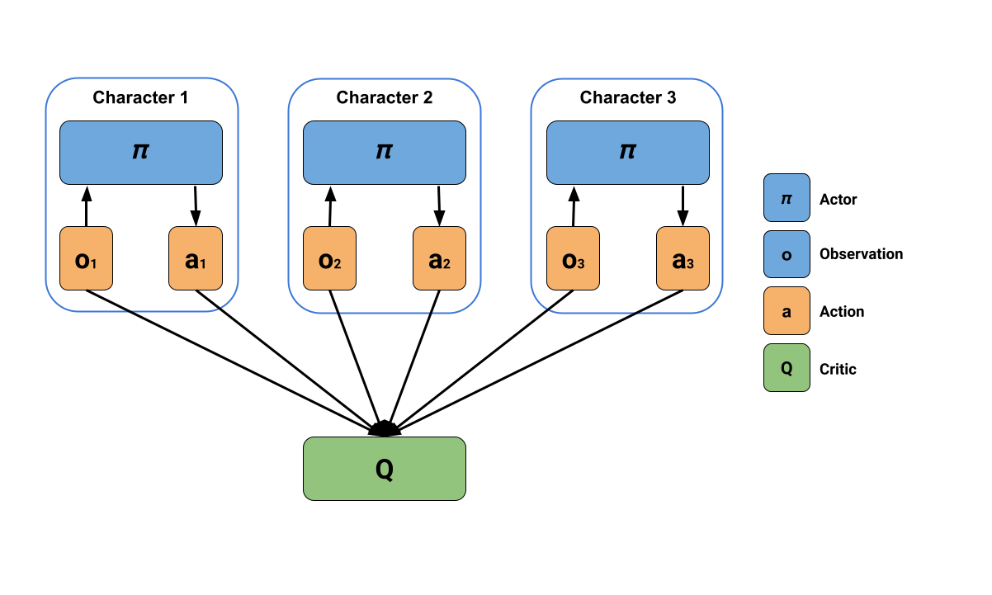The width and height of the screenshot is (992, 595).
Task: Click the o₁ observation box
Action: pos(86,258)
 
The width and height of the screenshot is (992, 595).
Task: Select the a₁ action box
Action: pos(196,258)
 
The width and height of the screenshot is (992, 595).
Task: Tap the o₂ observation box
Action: pos(329,258)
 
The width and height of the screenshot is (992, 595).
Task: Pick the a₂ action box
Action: pos(439,258)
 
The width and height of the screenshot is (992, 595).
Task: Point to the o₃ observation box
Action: pos(573,258)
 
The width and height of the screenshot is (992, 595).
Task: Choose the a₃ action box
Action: pos(683,258)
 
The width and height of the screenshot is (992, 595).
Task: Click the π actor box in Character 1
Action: pos(141,153)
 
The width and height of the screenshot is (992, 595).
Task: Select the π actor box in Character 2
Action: pos(385,153)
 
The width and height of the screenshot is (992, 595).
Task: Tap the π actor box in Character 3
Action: pos(628,153)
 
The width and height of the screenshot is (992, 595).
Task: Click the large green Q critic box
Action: pos(385,469)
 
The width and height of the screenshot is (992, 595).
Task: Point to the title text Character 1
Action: pos(140,97)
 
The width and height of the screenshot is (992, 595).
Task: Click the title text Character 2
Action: pos(385,97)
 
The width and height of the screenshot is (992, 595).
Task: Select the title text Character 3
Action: pos(628,97)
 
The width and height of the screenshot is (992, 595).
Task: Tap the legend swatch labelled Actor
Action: pos(787,197)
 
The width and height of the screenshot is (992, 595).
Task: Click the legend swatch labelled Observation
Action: pos(787,254)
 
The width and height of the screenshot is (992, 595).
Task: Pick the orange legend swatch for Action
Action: pos(787,311)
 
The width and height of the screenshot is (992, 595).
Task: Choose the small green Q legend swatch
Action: pos(787,367)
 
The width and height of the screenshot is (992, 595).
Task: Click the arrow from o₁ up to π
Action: pos(87,206)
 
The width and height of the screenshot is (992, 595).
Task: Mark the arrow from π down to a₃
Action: pos(683,206)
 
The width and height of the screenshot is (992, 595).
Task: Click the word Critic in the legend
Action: pos(838,369)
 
